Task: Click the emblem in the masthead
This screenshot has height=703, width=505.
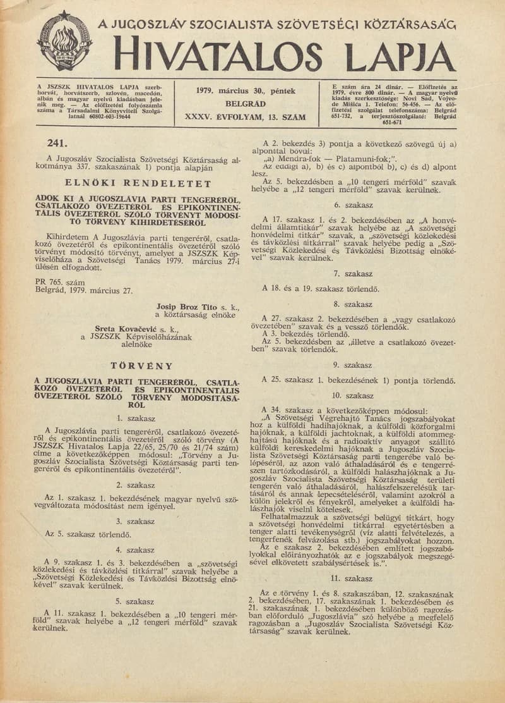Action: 64,41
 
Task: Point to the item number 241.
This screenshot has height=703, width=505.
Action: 57,142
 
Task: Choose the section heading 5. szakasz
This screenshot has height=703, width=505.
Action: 136,601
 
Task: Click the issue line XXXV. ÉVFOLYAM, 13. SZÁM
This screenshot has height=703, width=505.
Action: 245,117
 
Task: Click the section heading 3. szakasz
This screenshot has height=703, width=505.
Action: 136,521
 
